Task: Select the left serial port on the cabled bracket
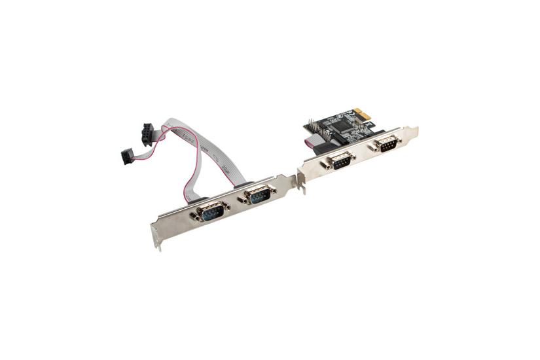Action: pyautogui.click(x=211, y=211)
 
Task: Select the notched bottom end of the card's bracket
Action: pyautogui.click(x=302, y=186)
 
